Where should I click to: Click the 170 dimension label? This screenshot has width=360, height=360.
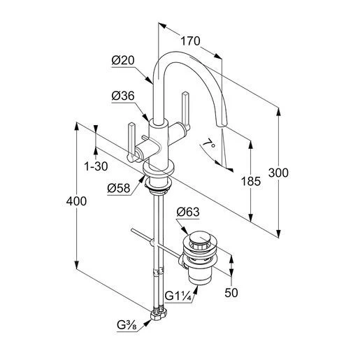190,41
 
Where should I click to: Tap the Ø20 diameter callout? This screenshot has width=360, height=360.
123,60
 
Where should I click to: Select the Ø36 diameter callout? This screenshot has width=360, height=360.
123,96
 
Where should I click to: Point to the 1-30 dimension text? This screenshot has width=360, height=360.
96,166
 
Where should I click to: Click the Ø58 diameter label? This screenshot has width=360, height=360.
119,188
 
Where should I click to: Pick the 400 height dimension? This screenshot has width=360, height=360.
76,201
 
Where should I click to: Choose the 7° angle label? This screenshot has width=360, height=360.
209,143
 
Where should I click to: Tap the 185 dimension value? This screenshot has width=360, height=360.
251,181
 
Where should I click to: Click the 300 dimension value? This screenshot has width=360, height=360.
278,173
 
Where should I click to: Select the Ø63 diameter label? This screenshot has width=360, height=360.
188,212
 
